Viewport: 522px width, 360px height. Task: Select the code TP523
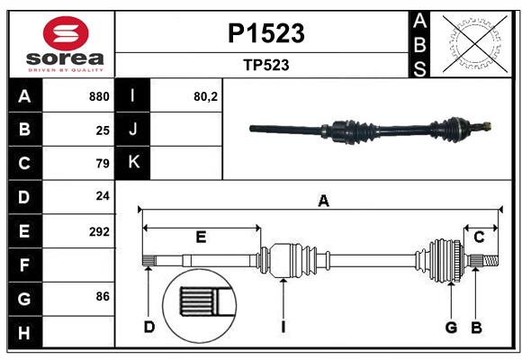[265, 66]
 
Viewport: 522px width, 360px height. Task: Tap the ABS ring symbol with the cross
[472, 43]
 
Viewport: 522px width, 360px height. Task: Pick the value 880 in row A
[99, 96]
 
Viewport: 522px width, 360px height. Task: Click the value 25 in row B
[103, 130]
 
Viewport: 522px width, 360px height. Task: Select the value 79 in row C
[103, 164]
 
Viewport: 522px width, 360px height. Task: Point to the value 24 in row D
[103, 196]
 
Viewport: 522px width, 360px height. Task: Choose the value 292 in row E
[99, 231]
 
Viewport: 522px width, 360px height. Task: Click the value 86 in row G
[103, 296]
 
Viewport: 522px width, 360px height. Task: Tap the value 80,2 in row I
[206, 96]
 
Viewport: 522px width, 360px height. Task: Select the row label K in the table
[134, 163]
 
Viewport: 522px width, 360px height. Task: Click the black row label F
[24, 265]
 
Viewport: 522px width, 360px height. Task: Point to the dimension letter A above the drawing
[323, 202]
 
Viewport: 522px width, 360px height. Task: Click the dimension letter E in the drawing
[201, 237]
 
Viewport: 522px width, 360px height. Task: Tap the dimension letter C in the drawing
[479, 237]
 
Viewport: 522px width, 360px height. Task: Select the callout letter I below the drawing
[283, 327]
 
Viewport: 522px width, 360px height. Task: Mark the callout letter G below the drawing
[452, 327]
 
